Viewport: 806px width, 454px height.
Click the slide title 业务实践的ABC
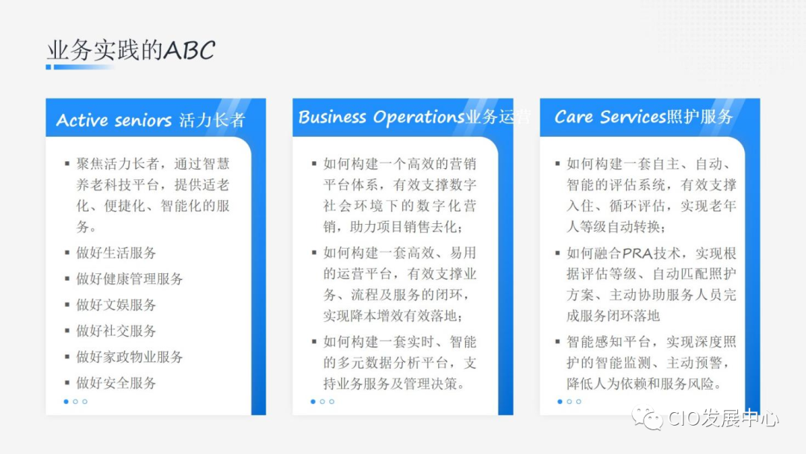(x=131, y=50)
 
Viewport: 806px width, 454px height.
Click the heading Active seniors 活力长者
(x=151, y=120)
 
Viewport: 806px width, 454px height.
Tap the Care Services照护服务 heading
(x=643, y=116)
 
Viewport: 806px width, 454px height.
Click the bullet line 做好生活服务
(x=116, y=253)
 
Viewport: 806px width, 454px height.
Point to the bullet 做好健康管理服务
(x=129, y=279)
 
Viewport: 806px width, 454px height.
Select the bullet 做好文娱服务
(x=116, y=305)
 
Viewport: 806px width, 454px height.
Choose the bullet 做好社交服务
(x=116, y=331)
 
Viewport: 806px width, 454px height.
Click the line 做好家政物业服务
(x=129, y=357)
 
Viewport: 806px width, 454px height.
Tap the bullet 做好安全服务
(x=116, y=383)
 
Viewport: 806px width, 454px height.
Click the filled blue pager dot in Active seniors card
(x=66, y=402)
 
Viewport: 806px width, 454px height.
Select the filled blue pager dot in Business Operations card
(x=313, y=402)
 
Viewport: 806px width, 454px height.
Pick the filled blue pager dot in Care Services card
(x=560, y=402)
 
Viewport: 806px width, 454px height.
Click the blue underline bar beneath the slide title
(x=78, y=67)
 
